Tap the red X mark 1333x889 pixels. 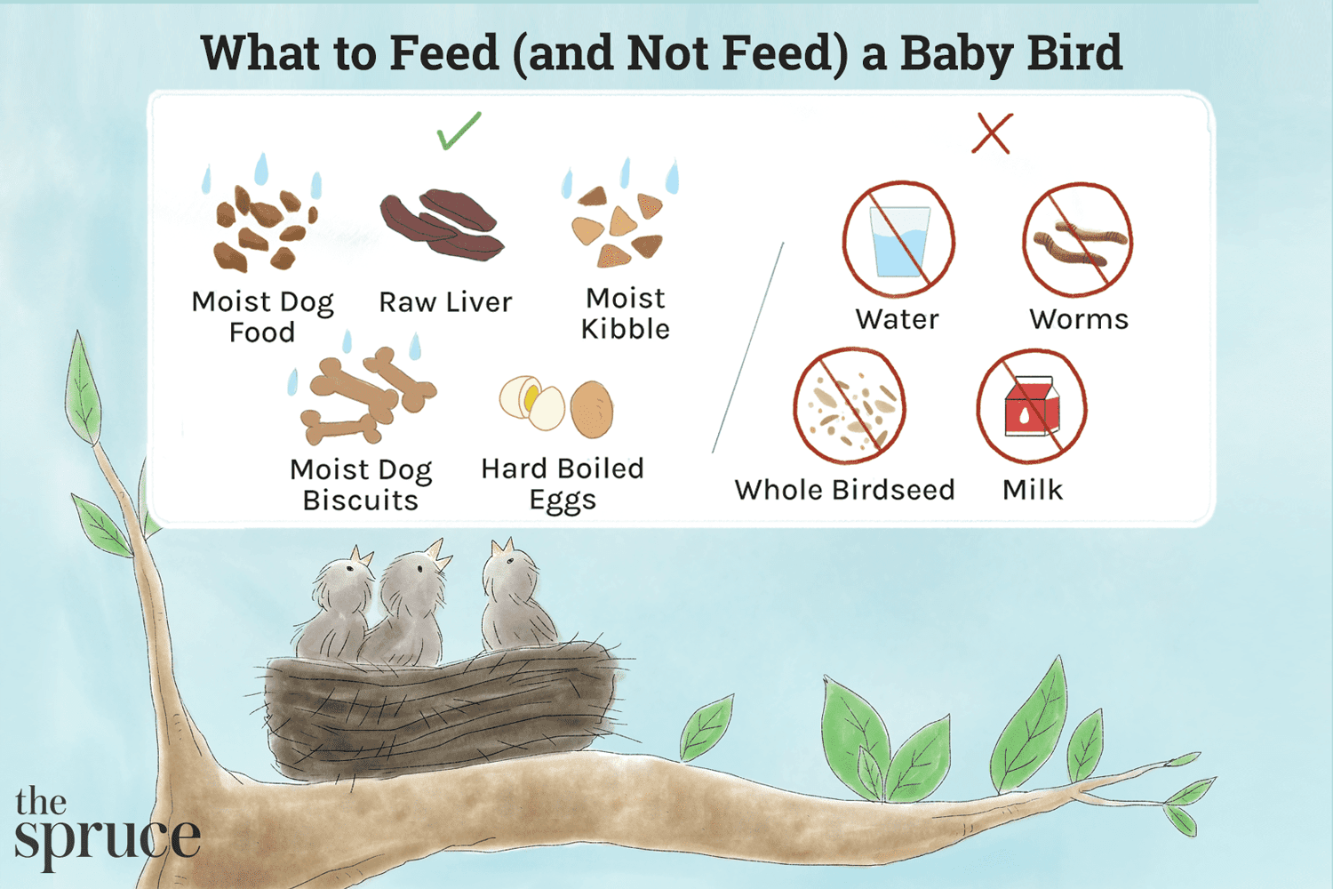coord(992,133)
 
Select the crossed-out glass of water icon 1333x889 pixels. coord(898,239)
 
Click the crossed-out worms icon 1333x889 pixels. coord(1078,239)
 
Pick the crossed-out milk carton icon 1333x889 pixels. coord(1032,406)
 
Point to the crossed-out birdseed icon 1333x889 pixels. coord(850,406)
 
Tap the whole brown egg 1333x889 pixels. coord(592,409)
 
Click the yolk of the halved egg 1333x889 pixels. coord(531,397)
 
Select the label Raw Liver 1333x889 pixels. coord(445,302)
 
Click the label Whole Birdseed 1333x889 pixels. coord(844,490)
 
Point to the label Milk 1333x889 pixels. coord(1033,490)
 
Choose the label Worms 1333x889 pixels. coord(1079,320)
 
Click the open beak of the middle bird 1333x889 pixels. coord(438,553)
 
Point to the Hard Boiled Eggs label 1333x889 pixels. coord(563,485)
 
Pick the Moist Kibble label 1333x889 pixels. coord(625,314)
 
